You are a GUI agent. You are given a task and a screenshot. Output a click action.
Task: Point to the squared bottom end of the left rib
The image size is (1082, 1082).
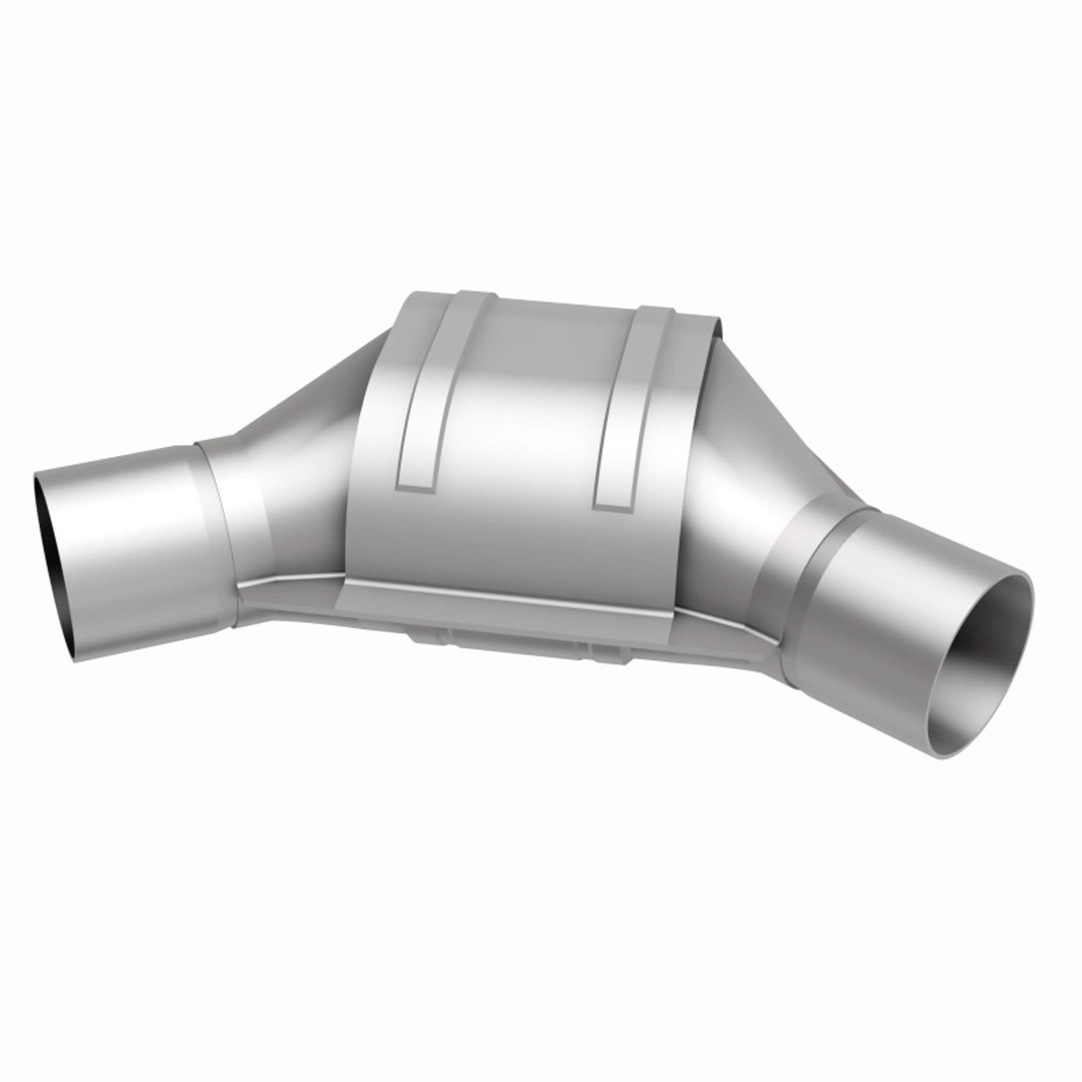point(414,484)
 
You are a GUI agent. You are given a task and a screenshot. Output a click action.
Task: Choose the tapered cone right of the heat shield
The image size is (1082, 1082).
point(744,473)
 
